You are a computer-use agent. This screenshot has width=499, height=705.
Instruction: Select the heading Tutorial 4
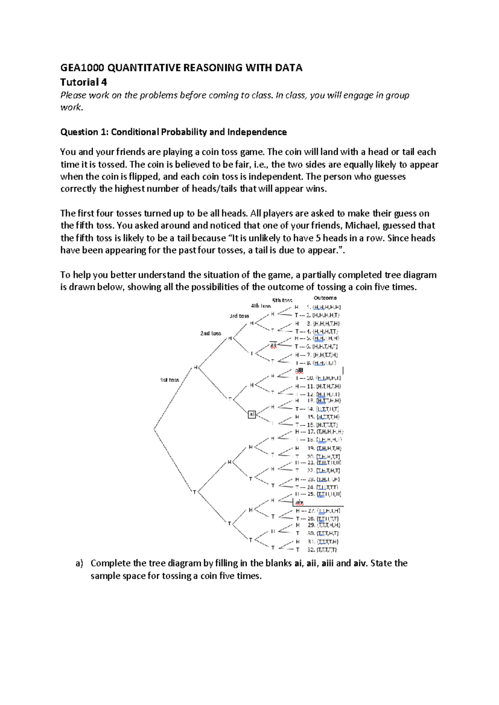coord(84,82)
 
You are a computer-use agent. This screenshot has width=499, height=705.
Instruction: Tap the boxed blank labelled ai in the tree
coord(252,414)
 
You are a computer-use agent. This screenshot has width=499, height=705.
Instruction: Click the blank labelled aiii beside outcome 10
coord(299,370)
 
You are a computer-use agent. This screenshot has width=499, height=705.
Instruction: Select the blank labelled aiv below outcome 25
coord(300,503)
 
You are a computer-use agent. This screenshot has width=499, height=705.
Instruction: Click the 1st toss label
coord(170,380)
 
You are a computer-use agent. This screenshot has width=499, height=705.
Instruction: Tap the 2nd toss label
coord(210,333)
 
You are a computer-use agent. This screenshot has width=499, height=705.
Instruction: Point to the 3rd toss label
coord(239,316)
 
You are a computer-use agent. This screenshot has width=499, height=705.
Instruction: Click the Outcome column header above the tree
coord(325,298)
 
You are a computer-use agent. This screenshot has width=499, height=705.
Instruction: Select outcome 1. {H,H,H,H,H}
coord(324,307)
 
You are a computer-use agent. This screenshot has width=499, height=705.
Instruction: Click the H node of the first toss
coord(195,367)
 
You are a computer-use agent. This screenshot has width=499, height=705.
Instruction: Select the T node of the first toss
coord(194,492)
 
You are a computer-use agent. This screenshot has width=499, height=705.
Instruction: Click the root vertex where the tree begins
coord(154,429)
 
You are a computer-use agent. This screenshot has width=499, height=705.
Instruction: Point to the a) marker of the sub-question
coord(79,564)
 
